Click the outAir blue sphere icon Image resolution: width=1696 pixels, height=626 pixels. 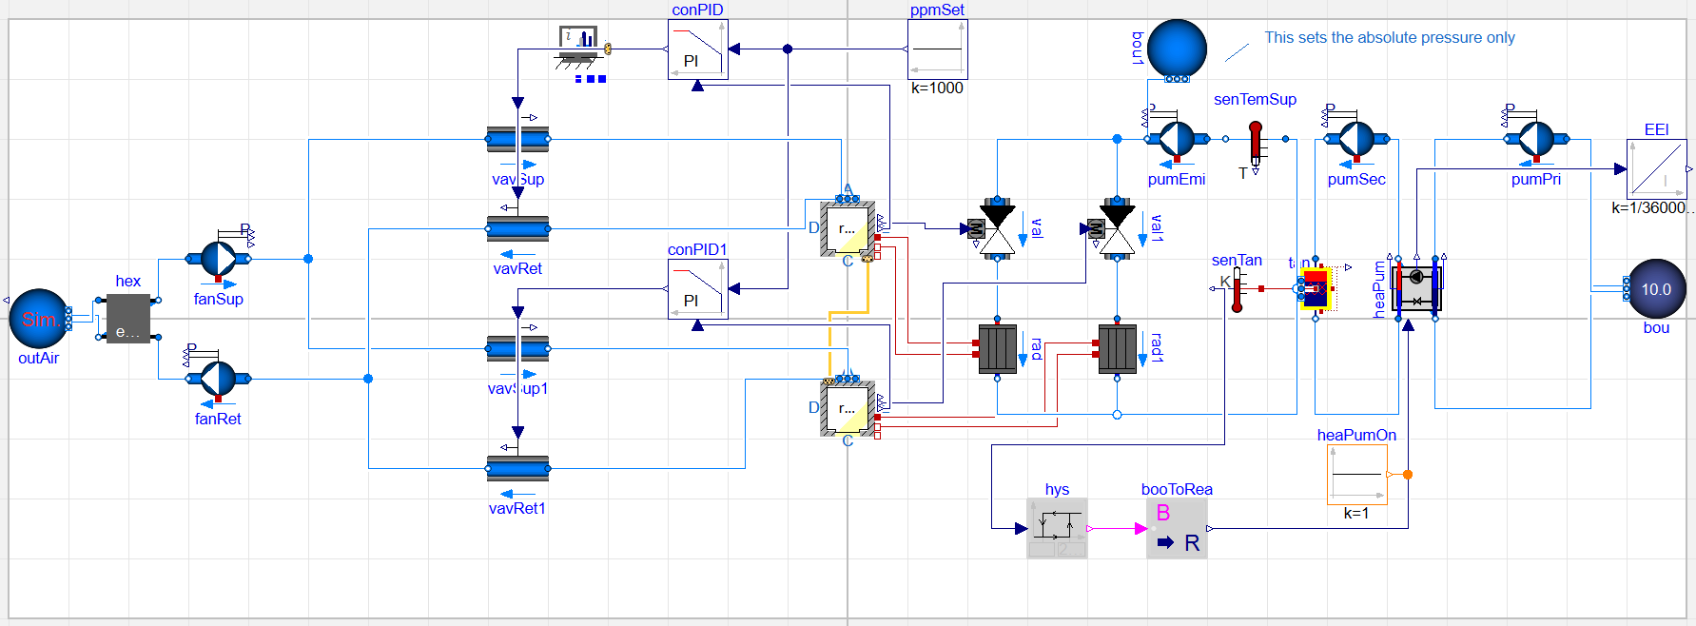click(x=38, y=319)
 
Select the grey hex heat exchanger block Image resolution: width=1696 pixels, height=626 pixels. click(x=127, y=318)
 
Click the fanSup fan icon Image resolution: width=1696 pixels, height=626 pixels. click(x=218, y=259)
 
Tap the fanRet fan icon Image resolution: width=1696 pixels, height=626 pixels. click(x=218, y=379)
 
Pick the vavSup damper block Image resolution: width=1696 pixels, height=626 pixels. click(x=517, y=139)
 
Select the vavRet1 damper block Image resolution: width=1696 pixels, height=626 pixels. click(x=517, y=468)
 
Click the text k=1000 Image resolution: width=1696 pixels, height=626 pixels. click(x=937, y=88)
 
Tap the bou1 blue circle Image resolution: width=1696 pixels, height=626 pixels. click(x=1177, y=49)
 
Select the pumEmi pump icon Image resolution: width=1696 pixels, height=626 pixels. click(x=1177, y=139)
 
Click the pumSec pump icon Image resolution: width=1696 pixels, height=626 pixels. click(x=1356, y=139)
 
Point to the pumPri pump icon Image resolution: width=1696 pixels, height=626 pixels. click(x=1536, y=139)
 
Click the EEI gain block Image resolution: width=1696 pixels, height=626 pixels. click(x=1656, y=169)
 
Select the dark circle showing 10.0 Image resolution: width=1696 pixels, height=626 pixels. click(x=1656, y=289)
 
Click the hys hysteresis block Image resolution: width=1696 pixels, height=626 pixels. click(x=1057, y=528)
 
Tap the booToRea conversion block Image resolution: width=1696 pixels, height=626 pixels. click(x=1177, y=528)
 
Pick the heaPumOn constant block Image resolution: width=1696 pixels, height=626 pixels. click(x=1356, y=474)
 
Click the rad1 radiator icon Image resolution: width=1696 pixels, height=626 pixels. click(x=1117, y=348)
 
